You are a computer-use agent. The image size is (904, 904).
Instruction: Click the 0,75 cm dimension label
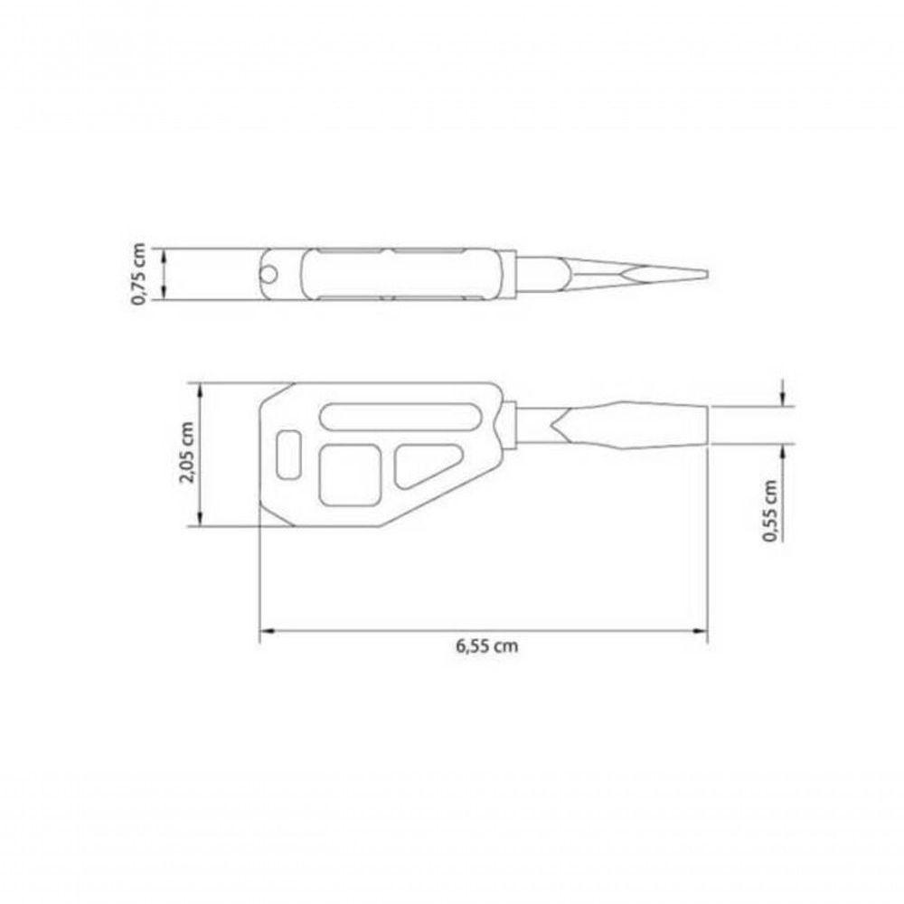138,274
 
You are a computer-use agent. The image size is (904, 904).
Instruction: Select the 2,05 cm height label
187,454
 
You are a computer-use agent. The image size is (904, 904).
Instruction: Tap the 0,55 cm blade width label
770,510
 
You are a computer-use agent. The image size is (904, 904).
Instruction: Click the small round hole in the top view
269,274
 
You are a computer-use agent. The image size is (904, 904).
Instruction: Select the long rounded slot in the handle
398,417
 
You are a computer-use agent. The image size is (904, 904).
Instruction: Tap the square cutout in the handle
351,476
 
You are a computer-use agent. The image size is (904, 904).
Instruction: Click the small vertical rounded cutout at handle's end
289,454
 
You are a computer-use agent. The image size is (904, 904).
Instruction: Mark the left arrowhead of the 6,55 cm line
265,632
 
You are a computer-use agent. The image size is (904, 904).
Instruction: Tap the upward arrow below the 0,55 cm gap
783,449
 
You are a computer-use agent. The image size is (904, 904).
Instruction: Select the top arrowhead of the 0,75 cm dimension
164,253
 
